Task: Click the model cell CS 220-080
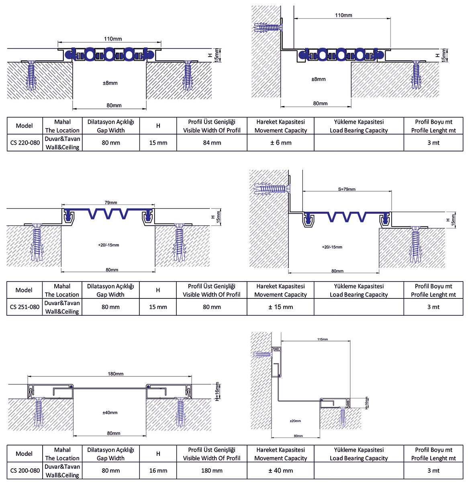click(25, 143)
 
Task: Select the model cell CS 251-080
click(25, 307)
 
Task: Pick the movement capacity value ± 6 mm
click(281, 143)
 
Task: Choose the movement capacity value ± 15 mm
click(281, 306)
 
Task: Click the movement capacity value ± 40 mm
click(281, 470)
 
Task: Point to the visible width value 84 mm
click(212, 143)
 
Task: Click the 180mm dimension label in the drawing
click(115, 374)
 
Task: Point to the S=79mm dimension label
click(347, 189)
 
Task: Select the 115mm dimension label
click(323, 339)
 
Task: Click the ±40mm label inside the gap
click(110, 413)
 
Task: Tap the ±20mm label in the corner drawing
click(295, 421)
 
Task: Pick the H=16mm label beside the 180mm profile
click(217, 392)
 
